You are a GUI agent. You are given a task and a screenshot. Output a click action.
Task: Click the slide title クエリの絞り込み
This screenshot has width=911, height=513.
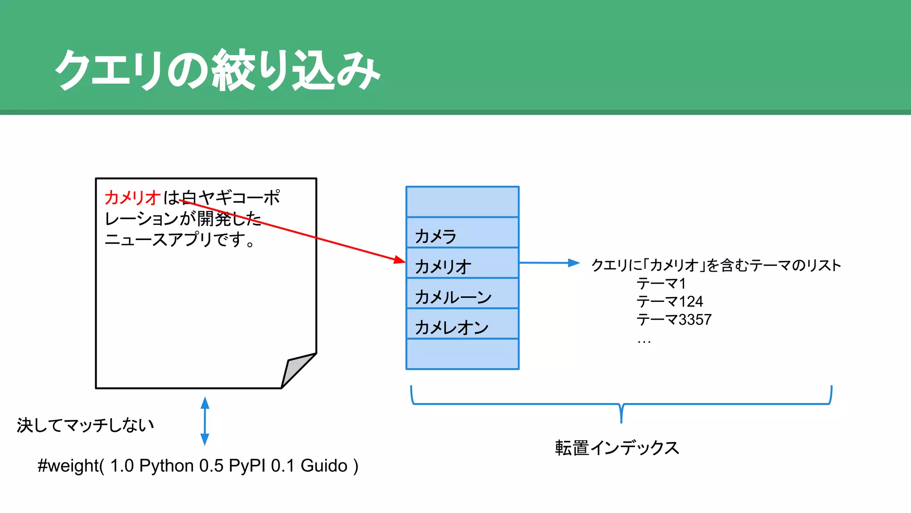(217, 70)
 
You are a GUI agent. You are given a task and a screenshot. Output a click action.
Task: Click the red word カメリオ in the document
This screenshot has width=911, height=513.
(132, 197)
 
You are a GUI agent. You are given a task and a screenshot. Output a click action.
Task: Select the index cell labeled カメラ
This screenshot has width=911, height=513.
(462, 233)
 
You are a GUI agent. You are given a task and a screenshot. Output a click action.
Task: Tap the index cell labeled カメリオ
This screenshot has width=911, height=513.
(462, 264)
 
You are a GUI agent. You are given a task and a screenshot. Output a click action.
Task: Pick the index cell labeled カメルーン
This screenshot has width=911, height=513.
(462, 294)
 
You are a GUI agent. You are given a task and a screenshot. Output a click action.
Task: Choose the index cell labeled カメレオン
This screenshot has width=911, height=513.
(462, 324)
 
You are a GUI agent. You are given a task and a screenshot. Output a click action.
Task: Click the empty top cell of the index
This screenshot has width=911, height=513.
(462, 202)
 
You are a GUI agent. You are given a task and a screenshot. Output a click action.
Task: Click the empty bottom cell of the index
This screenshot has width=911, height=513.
(462, 354)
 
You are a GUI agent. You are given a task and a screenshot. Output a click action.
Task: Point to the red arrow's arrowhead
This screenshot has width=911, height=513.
(400, 260)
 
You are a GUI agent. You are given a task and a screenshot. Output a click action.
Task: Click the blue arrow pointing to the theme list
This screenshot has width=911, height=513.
(549, 263)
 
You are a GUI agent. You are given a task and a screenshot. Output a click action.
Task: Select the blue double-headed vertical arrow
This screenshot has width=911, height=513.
(205, 421)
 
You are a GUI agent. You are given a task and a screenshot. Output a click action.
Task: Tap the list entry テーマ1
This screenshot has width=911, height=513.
(661, 284)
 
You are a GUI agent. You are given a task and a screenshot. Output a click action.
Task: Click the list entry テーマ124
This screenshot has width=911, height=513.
(669, 302)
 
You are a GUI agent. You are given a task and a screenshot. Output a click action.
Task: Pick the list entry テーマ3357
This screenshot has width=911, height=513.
(674, 320)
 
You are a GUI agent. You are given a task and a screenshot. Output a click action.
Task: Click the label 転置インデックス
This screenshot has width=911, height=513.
(617, 448)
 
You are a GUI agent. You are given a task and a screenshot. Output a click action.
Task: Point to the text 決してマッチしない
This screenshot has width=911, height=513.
(85, 425)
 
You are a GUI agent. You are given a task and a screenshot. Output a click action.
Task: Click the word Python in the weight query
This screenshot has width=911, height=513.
(166, 466)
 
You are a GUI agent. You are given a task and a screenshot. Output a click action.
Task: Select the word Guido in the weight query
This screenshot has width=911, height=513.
(324, 466)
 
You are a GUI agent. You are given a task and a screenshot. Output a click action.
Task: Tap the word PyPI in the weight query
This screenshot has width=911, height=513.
(247, 466)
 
